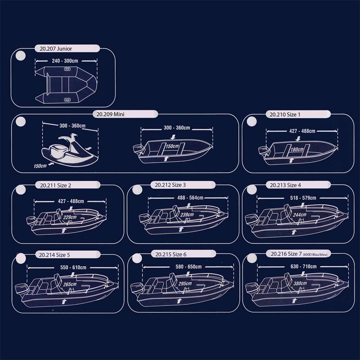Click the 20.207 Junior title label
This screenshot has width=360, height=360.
(56, 49)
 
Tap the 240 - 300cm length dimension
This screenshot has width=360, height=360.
(65, 61)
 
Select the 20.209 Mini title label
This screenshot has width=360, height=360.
(110, 114)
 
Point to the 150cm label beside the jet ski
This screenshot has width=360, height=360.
(40, 166)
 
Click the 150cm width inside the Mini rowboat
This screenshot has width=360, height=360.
(172, 146)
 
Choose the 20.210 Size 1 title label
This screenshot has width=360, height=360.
(285, 115)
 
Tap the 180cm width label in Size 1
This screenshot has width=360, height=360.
(297, 149)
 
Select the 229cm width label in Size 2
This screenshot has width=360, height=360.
(70, 217)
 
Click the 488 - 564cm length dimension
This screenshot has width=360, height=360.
(190, 198)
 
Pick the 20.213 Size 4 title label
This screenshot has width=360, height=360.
(285, 185)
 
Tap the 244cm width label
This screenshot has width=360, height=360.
(300, 215)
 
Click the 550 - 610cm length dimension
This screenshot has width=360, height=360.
(73, 268)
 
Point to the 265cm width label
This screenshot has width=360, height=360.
(70, 284)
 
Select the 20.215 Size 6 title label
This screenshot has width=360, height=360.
(171, 255)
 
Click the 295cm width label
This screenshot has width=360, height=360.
(185, 284)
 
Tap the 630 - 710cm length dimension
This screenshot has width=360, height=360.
(303, 266)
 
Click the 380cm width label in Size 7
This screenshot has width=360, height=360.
(300, 283)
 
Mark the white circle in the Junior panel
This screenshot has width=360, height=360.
(20, 56)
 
